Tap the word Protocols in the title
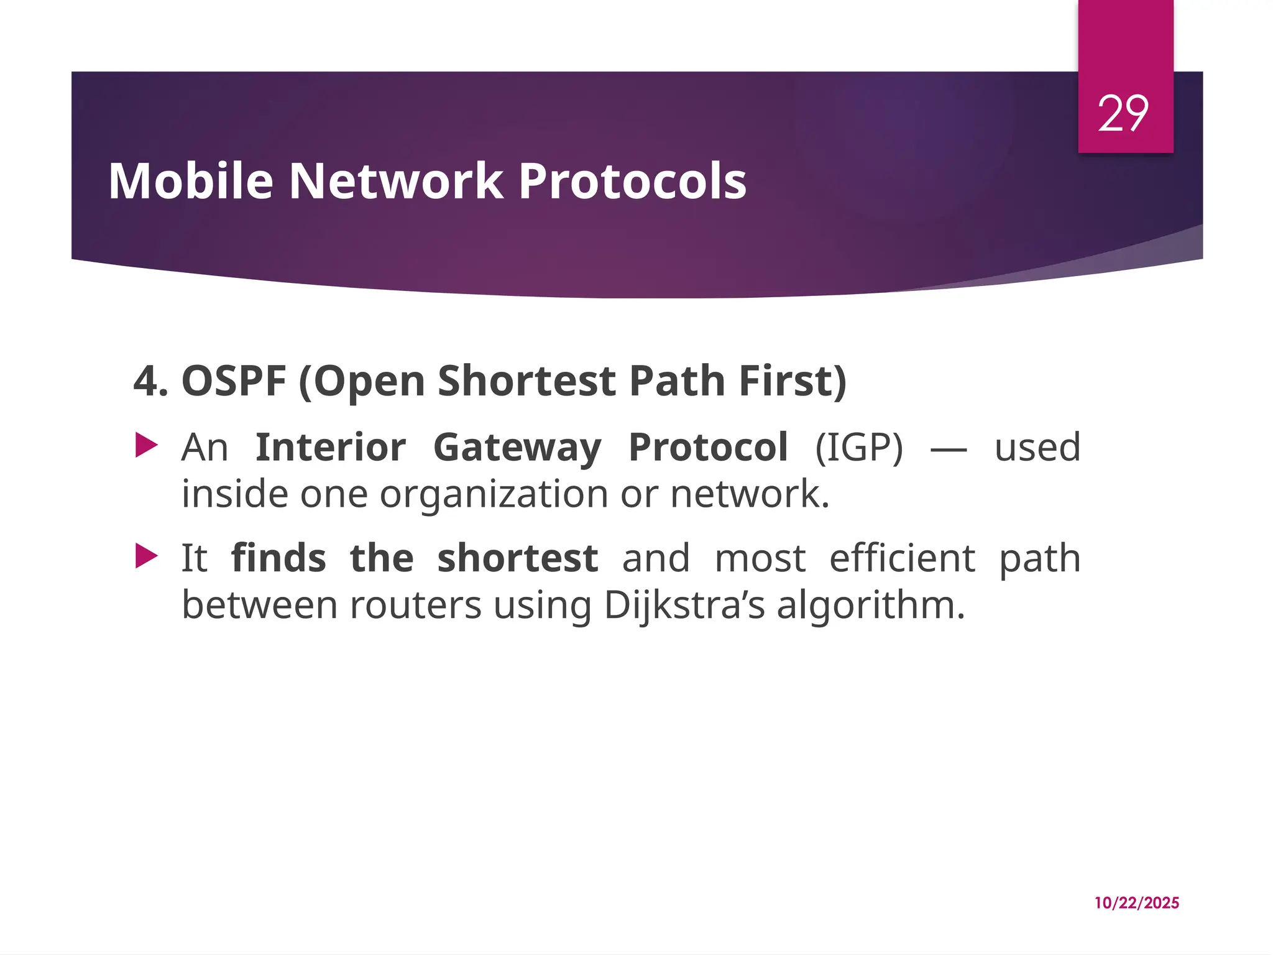(632, 181)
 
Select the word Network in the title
(396, 181)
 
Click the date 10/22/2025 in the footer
(1136, 903)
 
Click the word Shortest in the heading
(526, 381)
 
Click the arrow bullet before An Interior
(147, 446)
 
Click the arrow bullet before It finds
(147, 556)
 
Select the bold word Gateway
(517, 448)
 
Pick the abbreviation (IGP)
(858, 448)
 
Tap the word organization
(494, 494)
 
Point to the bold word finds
(278, 558)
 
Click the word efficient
(902, 558)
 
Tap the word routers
(415, 605)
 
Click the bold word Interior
(331, 448)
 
